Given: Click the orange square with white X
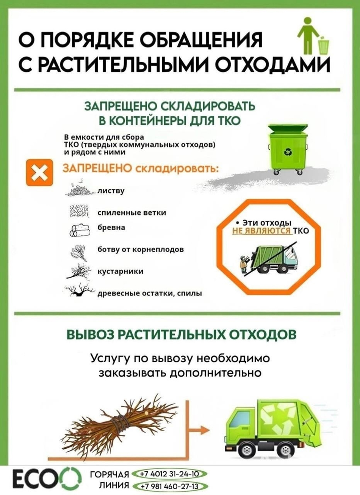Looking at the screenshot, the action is (39, 172).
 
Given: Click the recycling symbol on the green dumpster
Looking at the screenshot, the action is (288, 152).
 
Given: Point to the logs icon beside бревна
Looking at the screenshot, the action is (79, 231).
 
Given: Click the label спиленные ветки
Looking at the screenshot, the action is (132, 213).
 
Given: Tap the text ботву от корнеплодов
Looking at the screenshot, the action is (141, 250).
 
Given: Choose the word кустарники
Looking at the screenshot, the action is (121, 271).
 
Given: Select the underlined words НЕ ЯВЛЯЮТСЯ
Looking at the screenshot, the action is (261, 231).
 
